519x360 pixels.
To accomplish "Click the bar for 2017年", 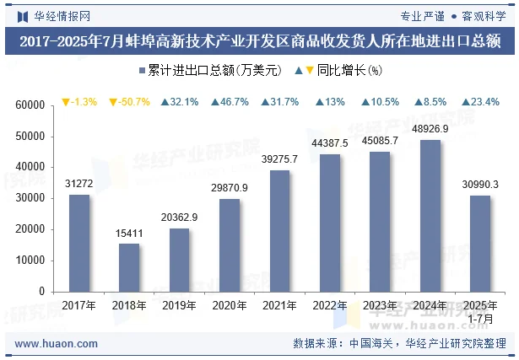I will click(x=79, y=243).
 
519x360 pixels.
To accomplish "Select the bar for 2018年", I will click(x=129, y=267).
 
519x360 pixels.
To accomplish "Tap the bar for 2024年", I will click(x=430, y=215).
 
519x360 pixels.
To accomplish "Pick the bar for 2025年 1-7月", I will click(x=479, y=244).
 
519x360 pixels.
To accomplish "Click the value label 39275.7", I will click(x=279, y=159).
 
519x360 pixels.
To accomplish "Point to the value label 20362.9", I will click(x=179, y=218).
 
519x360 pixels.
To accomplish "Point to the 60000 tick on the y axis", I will click(x=30, y=105).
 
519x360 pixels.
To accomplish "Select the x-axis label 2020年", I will click(x=229, y=305).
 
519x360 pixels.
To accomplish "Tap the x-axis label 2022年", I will click(x=330, y=305).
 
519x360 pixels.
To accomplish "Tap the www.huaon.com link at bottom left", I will click(x=57, y=344).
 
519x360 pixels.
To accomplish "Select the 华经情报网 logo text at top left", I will click(x=55, y=14).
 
